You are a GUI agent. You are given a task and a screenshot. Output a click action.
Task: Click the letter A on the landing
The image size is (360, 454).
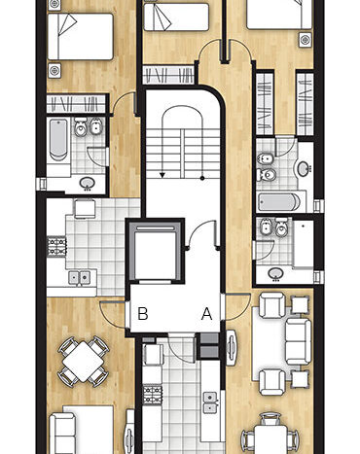[x=206, y=314]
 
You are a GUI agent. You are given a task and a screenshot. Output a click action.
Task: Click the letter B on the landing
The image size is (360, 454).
[x=143, y=314]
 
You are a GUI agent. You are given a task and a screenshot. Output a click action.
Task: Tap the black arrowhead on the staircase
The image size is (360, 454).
[x=162, y=175]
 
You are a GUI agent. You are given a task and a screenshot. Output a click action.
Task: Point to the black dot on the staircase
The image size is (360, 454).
[x=202, y=178]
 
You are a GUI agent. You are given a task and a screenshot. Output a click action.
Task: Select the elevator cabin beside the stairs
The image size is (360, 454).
[x=155, y=252]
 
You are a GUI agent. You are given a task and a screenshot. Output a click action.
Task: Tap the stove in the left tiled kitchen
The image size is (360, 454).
[x=57, y=246]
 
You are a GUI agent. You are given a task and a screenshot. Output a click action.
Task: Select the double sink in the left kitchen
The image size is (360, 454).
[x=79, y=278]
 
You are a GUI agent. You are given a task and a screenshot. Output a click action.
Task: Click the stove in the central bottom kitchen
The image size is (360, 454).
[x=152, y=395]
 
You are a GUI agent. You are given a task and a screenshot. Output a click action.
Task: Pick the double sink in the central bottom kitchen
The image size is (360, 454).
[x=210, y=402]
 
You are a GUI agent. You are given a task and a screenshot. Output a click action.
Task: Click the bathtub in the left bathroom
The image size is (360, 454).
[x=58, y=140]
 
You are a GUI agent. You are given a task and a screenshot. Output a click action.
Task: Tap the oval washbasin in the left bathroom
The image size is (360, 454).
[x=87, y=183]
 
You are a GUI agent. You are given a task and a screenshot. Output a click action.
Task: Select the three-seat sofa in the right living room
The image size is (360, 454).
[x=299, y=341]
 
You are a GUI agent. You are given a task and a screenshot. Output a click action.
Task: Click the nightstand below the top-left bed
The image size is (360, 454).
[x=54, y=70]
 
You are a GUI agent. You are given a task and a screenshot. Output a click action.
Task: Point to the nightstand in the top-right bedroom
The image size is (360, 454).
[x=305, y=40]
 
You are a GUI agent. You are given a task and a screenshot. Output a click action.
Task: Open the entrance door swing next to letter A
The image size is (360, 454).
[x=237, y=306]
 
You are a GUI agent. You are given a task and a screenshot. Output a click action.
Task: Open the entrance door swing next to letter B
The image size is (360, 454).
[x=112, y=314]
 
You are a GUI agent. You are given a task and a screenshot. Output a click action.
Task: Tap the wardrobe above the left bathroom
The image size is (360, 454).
[x=76, y=104]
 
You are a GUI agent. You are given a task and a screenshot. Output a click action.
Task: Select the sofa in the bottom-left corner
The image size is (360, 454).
[x=62, y=434]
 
